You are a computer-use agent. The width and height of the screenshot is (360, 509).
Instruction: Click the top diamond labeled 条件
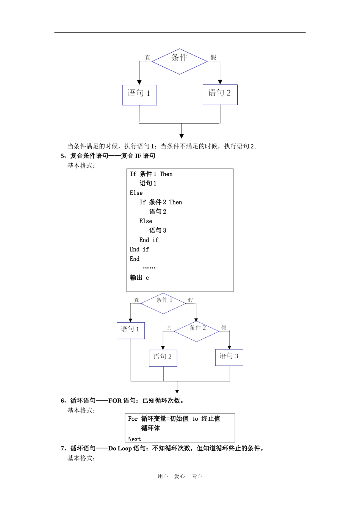179,61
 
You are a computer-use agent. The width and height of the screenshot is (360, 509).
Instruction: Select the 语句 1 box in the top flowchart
139,95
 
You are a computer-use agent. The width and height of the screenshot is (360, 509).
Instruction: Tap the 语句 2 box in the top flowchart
220,94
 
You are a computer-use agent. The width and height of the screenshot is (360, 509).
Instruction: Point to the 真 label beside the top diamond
148,58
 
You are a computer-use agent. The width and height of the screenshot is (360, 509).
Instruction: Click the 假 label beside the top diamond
213,58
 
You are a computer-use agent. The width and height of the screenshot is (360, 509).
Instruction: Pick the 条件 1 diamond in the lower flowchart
163,303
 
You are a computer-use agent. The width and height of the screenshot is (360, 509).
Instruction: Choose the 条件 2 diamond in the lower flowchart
197,331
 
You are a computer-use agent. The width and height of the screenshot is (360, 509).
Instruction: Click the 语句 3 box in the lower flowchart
229,357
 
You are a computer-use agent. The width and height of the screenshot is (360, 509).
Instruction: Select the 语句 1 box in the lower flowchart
130,330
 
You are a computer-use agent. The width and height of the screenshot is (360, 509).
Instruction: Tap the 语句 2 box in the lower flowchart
163,358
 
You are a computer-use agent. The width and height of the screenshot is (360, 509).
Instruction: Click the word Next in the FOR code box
135,439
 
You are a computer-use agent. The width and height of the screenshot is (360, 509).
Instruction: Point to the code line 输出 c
139,278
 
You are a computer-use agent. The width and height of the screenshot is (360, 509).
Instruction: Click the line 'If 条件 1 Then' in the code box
151,174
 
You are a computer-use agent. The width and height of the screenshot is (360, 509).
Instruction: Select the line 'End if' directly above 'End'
139,249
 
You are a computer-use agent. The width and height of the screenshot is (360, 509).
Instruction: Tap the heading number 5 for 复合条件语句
63,156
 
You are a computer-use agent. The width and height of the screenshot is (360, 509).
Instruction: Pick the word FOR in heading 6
115,401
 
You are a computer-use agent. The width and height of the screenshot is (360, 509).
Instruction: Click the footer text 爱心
179,476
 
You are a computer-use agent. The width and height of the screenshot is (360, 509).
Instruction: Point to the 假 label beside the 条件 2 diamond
224,328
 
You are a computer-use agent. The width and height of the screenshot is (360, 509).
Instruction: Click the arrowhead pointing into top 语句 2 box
220,82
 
